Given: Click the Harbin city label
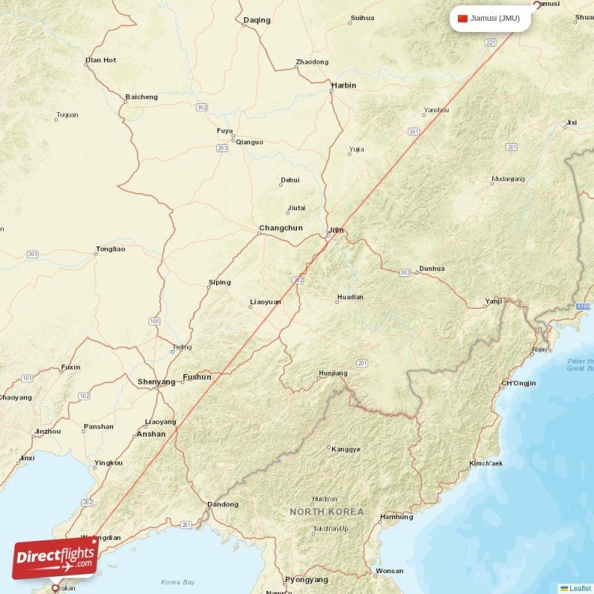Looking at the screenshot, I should pyautogui.click(x=343, y=85).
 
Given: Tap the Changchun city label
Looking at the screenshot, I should pyautogui.click(x=281, y=228).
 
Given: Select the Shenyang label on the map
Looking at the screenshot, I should pyautogui.click(x=157, y=382).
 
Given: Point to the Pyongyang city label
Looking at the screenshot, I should pyautogui.click(x=307, y=579).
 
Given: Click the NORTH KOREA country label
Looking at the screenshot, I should pyautogui.click(x=327, y=512).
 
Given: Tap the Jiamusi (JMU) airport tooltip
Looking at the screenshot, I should pyautogui.click(x=489, y=19).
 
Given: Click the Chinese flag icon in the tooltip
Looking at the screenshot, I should pyautogui.click(x=463, y=19).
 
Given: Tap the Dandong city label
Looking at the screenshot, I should pyautogui.click(x=223, y=505).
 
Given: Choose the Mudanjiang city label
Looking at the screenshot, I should pyautogui.click(x=508, y=179).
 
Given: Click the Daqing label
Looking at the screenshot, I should pyautogui.click(x=257, y=21).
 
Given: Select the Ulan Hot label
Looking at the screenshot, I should pyautogui.click(x=101, y=60).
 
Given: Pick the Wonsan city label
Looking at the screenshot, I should pyautogui.click(x=390, y=571).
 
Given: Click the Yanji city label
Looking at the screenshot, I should pyautogui.click(x=493, y=301).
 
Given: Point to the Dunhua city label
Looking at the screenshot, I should pyautogui.click(x=431, y=269).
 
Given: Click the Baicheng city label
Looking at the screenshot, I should pyautogui.click(x=141, y=97).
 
